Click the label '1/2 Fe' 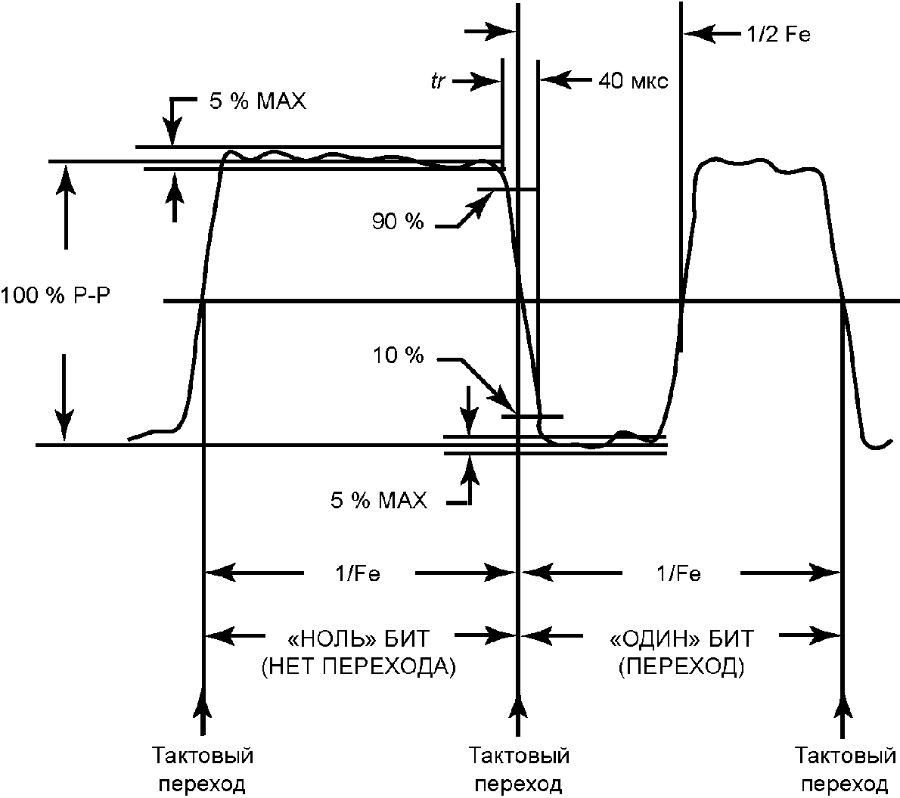tap(779, 35)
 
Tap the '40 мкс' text tap(633, 81)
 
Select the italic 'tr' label tap(438, 81)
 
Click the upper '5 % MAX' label tap(257, 101)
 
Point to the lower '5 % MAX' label tap(379, 500)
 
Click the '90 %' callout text tap(398, 221)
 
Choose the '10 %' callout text tap(399, 356)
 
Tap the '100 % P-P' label tap(55, 297)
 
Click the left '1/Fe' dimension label tap(358, 573)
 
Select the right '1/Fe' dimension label tap(678, 573)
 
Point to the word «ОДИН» tap(655, 638)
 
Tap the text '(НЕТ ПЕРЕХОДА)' tap(358, 666)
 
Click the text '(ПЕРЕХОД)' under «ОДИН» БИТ tap(681, 666)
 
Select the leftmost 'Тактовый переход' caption tap(202, 769)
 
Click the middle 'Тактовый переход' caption tap(519, 769)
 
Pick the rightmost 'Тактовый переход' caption tap(845, 769)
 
